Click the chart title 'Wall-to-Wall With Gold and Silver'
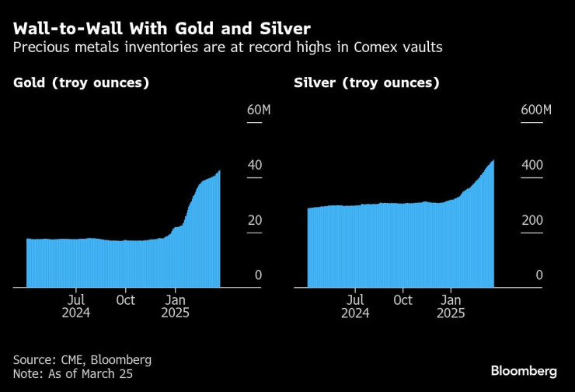(x=162, y=29)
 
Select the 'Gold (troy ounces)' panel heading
(x=82, y=82)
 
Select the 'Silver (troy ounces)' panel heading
(x=367, y=82)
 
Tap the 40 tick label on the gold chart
(x=254, y=165)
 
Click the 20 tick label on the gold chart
(x=254, y=220)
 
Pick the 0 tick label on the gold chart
(x=258, y=275)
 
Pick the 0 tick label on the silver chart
(x=538, y=275)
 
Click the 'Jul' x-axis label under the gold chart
(x=76, y=299)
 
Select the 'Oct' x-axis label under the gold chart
(x=125, y=299)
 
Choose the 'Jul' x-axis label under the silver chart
(x=354, y=299)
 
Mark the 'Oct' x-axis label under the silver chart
(x=402, y=299)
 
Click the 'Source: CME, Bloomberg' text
(x=82, y=360)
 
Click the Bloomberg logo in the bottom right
(x=524, y=370)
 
